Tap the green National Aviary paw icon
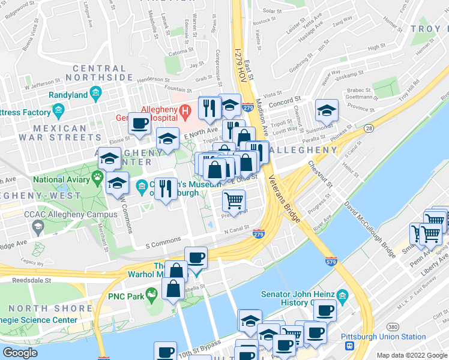click(96, 178)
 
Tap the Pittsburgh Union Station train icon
click(347, 346)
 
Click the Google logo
click(20, 352)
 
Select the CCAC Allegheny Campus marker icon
click(38, 226)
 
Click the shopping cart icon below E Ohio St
click(233, 199)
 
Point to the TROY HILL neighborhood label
click(429, 29)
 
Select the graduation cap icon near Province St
click(326, 111)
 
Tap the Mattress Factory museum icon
click(58, 111)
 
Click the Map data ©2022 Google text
click(411, 355)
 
